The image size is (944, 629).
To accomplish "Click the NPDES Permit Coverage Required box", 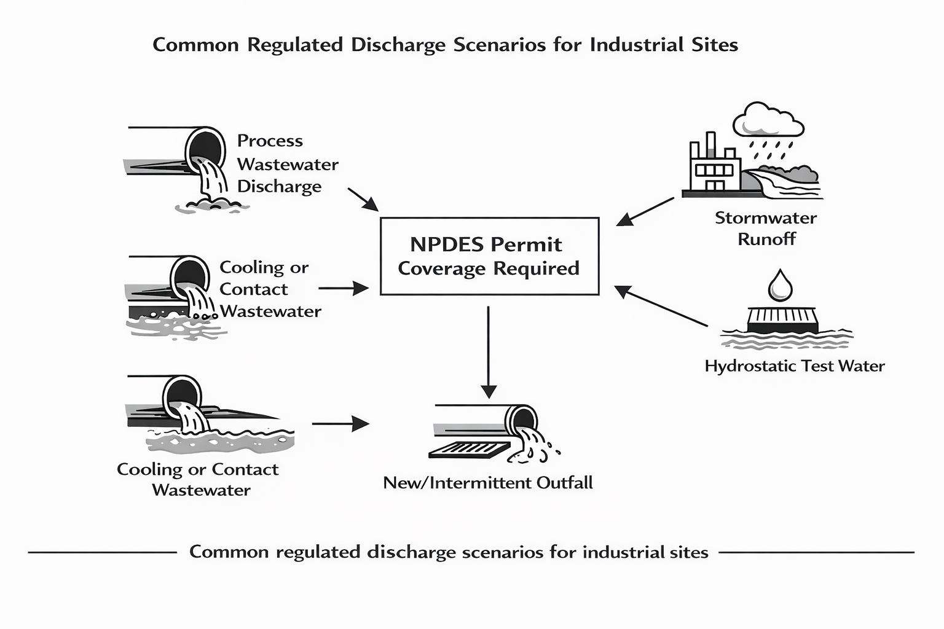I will tap(489, 256).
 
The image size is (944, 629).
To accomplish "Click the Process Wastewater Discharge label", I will tap(287, 164).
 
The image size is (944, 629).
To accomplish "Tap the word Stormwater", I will tap(766, 218).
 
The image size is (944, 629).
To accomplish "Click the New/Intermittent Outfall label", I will tap(488, 483).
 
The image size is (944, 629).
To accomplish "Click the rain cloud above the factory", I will tap(768, 120).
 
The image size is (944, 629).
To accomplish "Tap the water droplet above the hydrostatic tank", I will tap(781, 286).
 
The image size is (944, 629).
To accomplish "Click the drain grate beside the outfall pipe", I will tap(469, 450).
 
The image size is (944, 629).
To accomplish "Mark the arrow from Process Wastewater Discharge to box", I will tap(363, 200).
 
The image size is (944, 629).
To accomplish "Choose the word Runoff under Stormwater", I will tap(766, 239).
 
